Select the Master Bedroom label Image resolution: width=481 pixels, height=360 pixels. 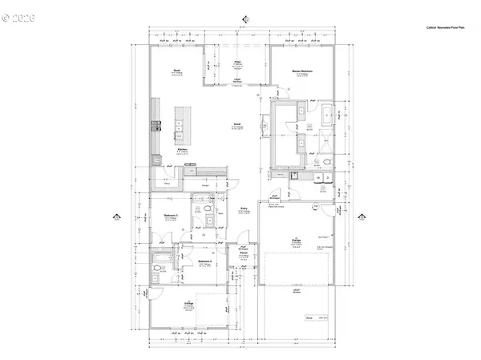pyautogui.click(x=301, y=71)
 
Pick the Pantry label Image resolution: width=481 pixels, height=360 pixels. pyautogui.click(x=168, y=184)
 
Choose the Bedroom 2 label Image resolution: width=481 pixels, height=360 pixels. pyautogui.click(x=204, y=261)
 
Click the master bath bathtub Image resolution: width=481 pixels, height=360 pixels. pyautogui.click(x=330, y=115)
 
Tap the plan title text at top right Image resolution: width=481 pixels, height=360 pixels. pyautogui.click(x=450, y=27)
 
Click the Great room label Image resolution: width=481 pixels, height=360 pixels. pyautogui.click(x=237, y=123)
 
